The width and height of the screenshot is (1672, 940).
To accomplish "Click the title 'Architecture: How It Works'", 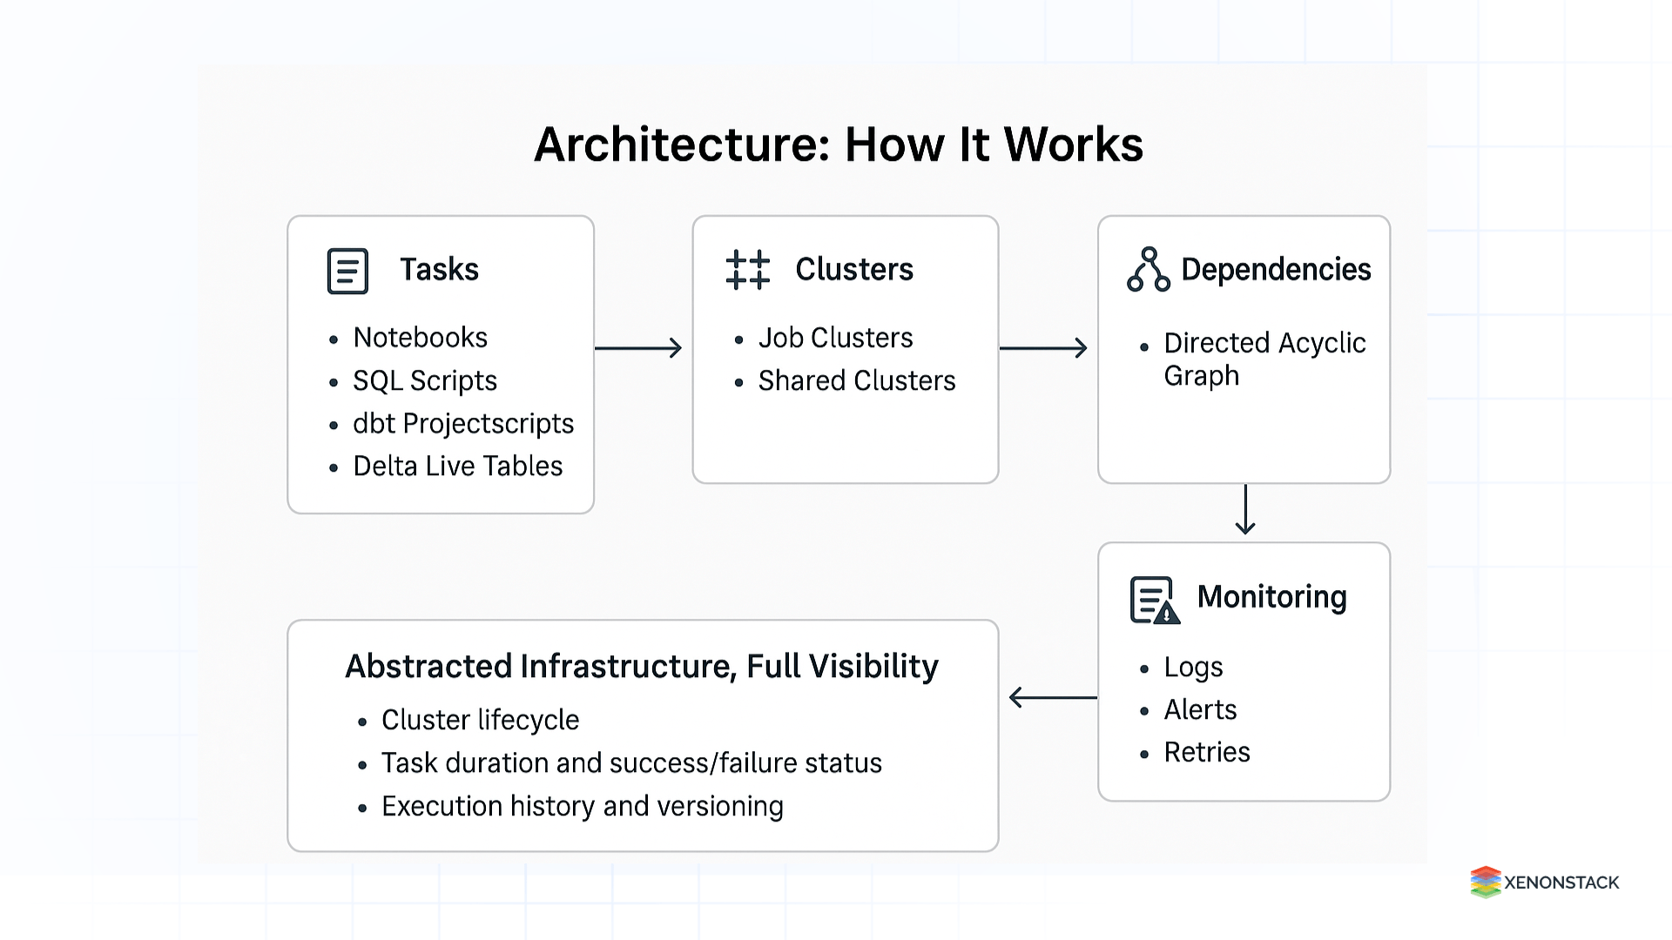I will coord(838,144).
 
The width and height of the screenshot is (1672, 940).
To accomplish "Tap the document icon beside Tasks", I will coord(347,271).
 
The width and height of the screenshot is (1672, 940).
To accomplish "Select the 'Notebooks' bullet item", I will coord(420,338).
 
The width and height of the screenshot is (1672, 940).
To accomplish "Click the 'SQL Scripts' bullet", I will coord(424,380).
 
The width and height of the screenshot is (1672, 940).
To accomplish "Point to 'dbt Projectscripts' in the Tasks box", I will coord(462,423).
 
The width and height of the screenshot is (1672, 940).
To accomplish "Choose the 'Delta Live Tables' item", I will coord(457,467).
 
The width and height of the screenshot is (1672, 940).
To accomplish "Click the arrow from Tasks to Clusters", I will coord(638,348).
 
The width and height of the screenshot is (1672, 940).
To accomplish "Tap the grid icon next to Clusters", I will coord(747,270).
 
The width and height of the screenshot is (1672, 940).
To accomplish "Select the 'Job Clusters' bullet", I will coord(834,338).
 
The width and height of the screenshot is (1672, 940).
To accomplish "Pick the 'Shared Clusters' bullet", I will coord(856,380).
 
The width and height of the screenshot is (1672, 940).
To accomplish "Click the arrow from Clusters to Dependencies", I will coord(1043,348).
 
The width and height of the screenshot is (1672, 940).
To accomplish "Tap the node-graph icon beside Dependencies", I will coord(1148,270).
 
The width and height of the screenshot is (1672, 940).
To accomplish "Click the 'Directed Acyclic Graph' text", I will coord(1264,359).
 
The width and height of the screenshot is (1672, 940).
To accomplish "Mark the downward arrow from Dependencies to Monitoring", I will coord(1245,509).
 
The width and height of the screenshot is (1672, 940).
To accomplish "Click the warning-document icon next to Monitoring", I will coord(1154,600).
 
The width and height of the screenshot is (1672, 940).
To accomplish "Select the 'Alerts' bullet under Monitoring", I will coord(1200,709).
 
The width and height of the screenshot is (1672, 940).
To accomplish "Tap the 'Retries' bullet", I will coord(1206,752).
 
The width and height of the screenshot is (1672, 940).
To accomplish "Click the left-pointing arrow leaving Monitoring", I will coord(1052,697).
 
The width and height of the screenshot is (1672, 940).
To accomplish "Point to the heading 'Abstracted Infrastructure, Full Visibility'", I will coord(641,667).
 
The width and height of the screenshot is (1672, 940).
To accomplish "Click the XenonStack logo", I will coord(1544,882).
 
